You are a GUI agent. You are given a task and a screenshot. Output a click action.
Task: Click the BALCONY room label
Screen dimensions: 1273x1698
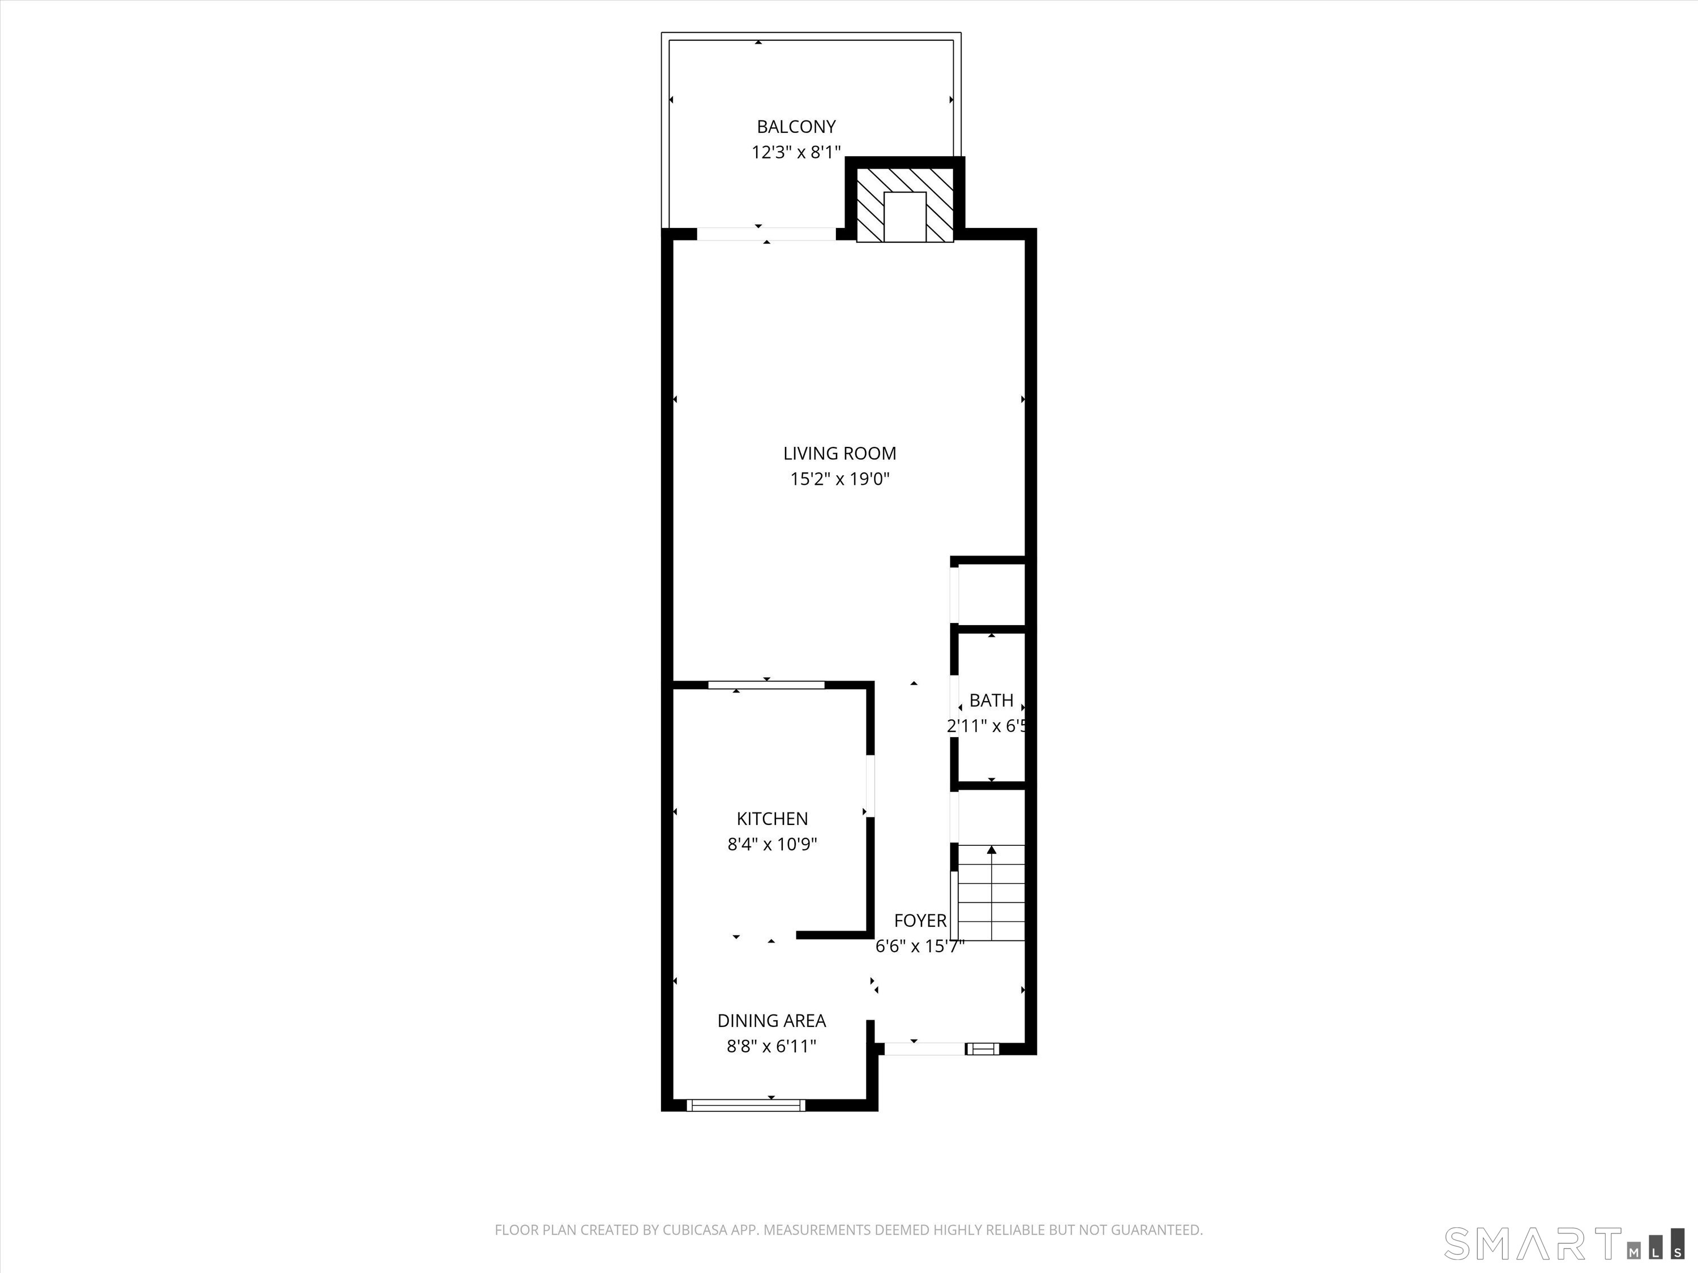[796, 127]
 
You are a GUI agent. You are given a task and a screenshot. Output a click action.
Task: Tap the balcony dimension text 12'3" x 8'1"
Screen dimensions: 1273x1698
[796, 152]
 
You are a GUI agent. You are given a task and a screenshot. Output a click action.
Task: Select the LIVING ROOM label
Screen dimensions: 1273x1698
[839, 454]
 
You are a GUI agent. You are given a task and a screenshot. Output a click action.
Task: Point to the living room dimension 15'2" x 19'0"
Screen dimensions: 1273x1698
[839, 479]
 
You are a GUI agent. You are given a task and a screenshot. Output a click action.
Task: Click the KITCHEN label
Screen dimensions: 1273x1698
[771, 819]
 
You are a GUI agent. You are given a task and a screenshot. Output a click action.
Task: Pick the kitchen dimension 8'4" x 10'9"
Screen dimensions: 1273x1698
[771, 844]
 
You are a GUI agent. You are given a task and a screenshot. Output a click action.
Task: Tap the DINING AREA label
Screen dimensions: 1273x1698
[771, 1021]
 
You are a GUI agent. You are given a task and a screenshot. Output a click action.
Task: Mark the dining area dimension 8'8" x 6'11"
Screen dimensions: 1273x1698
[771, 1046]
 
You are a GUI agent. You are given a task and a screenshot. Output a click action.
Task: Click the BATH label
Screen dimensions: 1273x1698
[991, 700]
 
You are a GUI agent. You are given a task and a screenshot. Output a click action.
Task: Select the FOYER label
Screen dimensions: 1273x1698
[920, 921]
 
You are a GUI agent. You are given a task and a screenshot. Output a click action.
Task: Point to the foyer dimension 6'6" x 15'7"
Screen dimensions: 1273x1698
[920, 946]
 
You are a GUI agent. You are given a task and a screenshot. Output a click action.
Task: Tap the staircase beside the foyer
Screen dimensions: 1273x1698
[992, 892]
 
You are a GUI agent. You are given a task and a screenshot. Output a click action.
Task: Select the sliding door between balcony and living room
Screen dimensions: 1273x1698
[766, 234]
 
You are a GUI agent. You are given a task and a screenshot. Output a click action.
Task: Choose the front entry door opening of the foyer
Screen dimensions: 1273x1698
[924, 1048]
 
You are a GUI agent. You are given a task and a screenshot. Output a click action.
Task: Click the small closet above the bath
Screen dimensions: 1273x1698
[992, 594]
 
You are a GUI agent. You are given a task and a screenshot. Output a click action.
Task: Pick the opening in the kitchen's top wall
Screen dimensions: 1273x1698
[766, 685]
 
